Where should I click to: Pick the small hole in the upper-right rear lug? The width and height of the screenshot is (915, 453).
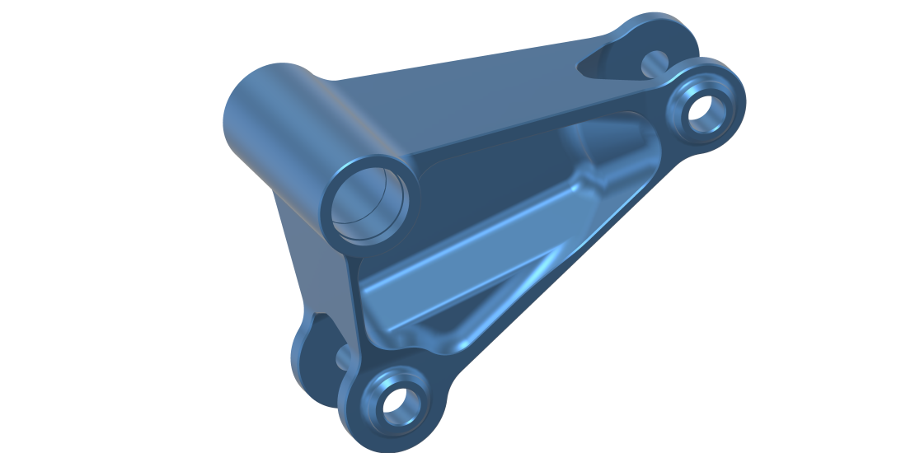coord(655,59)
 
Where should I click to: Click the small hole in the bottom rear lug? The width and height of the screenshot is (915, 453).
coord(344,357)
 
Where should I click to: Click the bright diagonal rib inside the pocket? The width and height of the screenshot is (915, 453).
coord(462,264)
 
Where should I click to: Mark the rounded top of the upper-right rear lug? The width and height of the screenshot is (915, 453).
coord(659,25)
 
